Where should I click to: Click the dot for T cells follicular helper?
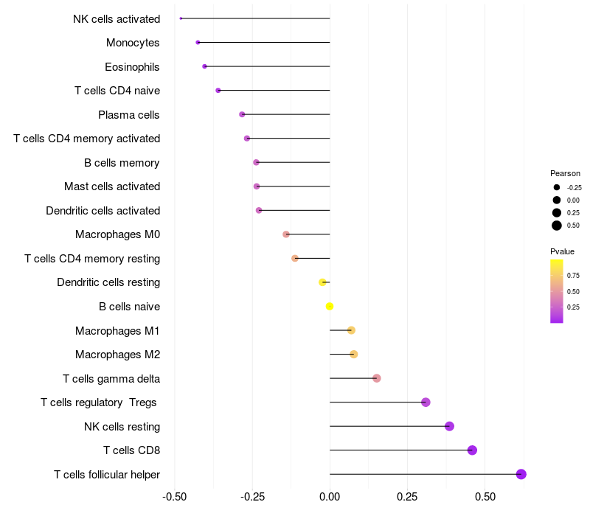(x=521, y=474)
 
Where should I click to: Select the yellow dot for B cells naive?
(x=330, y=307)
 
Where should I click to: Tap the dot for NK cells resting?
(x=449, y=426)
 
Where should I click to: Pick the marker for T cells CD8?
(x=472, y=450)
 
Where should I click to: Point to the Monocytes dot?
(x=198, y=43)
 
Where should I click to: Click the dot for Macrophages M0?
(x=286, y=234)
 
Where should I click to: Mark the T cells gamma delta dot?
(x=377, y=378)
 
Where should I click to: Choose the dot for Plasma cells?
(x=242, y=114)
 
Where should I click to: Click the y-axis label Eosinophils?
(x=132, y=67)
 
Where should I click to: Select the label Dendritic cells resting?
(x=108, y=282)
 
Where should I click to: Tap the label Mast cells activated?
(x=112, y=186)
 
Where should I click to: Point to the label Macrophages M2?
(x=117, y=355)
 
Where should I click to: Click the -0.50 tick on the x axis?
(x=174, y=496)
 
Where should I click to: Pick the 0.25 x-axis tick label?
(x=407, y=496)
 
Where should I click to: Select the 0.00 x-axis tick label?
(x=330, y=496)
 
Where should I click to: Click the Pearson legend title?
(x=565, y=173)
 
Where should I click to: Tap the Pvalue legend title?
(x=562, y=251)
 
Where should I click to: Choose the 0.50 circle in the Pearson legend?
(x=557, y=226)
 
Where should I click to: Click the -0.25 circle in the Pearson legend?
(x=557, y=187)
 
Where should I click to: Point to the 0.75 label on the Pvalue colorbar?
(x=573, y=276)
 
